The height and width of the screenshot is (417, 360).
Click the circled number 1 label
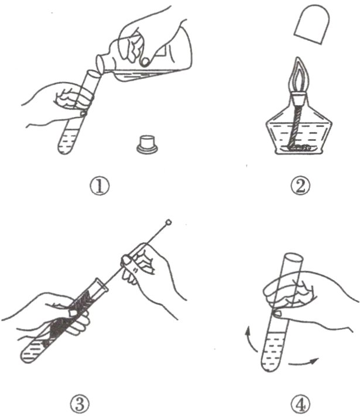pyautogui.click(x=100, y=186)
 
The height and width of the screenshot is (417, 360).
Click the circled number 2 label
pyautogui.click(x=300, y=186)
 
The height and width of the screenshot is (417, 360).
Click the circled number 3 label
pyautogui.click(x=80, y=405)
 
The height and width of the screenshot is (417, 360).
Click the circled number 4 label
pyautogui.click(x=300, y=405)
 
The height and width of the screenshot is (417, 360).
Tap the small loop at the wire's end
pyautogui.click(x=168, y=222)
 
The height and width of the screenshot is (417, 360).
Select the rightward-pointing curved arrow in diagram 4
pyautogui.click(x=304, y=363)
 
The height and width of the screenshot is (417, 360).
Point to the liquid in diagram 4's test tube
pyautogui.click(x=273, y=353)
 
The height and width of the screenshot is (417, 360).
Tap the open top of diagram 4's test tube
pyautogui.click(x=293, y=257)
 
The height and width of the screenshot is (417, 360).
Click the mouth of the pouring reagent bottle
pyautogui.click(x=100, y=64)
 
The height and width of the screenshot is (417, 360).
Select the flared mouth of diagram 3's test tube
pyautogui.click(x=101, y=285)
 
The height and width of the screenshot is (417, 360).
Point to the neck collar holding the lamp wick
pyautogui.click(x=298, y=98)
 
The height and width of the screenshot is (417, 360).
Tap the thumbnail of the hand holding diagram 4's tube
pyautogui.click(x=277, y=314)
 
